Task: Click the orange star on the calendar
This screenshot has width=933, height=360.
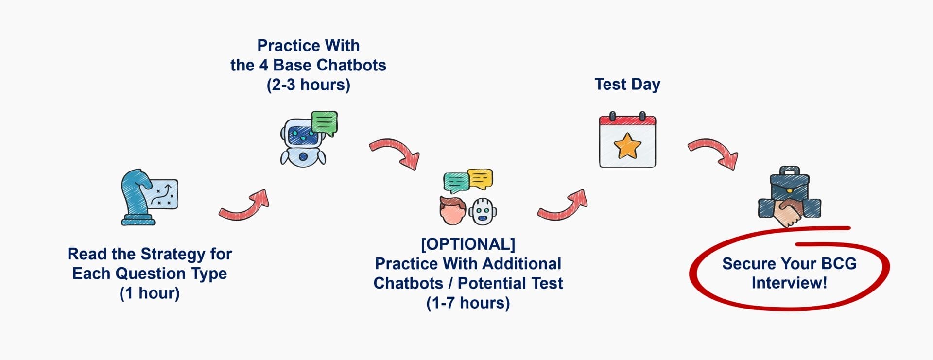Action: pos(627,146)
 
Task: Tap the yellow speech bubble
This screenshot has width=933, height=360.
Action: pos(480,179)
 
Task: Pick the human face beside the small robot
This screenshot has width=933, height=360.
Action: pos(452,211)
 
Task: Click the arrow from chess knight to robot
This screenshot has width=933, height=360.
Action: pos(244,205)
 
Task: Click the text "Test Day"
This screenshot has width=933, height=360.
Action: pos(627,85)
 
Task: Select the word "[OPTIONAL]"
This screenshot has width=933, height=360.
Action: pos(468,244)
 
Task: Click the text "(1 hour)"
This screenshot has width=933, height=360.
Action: pos(150,293)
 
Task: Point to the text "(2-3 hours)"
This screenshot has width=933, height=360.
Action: pos(309,85)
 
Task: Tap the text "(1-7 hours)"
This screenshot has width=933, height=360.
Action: pos(468,303)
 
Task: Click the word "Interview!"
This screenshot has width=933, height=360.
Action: pos(789,283)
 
